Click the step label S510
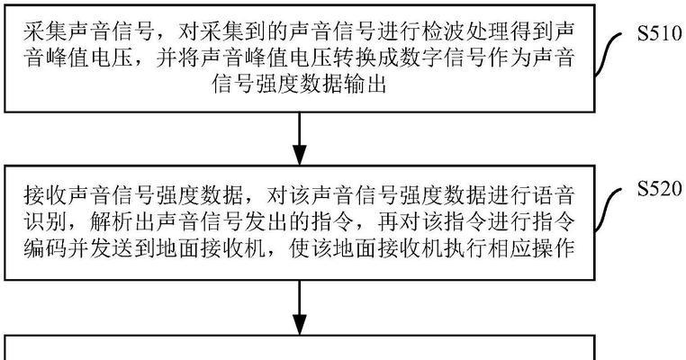(659, 33)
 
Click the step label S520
(659, 188)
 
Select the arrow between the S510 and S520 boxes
(300, 139)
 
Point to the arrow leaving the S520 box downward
(300, 308)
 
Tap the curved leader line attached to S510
(609, 53)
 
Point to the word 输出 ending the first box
(365, 84)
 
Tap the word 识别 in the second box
(46, 222)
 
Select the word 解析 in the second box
(112, 222)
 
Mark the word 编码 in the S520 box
(46, 248)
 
